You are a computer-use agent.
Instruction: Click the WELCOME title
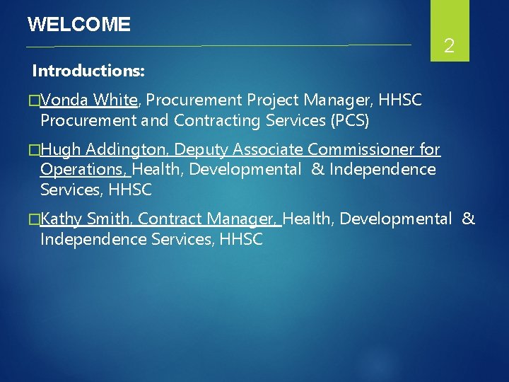pos(78,25)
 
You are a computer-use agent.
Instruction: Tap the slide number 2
pos(449,47)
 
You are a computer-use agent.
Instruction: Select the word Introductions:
pos(88,71)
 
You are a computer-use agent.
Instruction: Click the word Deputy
pos(201,150)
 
